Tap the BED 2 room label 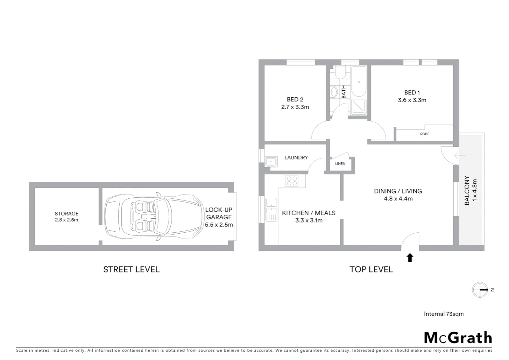295,99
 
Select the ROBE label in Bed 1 424,134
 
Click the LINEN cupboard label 340,164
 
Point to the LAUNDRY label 296,158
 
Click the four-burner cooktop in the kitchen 292,181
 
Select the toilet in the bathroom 340,73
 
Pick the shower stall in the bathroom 359,107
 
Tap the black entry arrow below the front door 410,258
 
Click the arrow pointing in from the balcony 460,156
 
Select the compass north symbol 480,289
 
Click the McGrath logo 458,337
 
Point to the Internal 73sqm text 443,314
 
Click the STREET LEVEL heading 131,269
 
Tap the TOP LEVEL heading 371,269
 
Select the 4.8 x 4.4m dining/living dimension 398,199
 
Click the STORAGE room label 67,214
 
